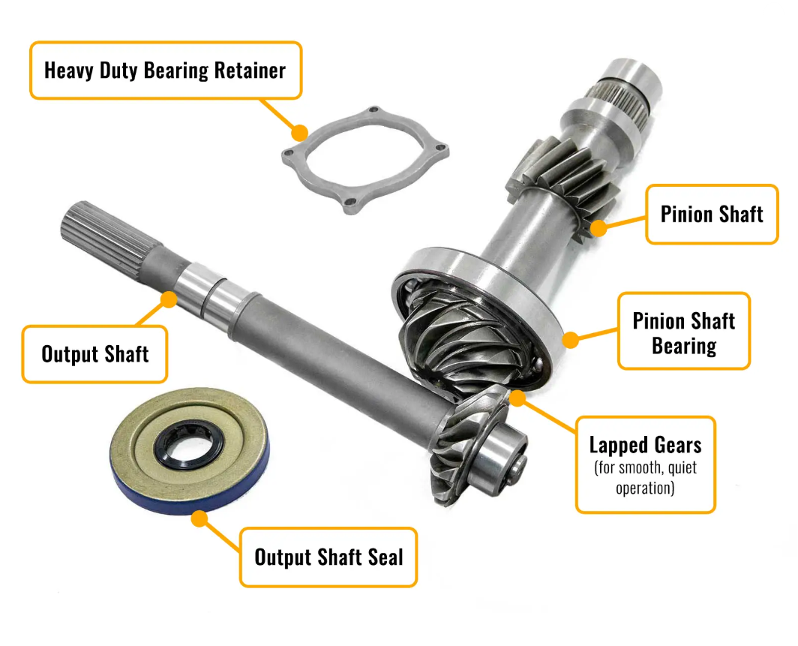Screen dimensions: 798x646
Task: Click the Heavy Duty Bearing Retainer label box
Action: (166, 71)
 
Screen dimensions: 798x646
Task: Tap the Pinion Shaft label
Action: (712, 215)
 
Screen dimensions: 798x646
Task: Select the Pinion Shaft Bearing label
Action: (684, 331)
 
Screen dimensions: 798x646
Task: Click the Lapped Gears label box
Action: (645, 464)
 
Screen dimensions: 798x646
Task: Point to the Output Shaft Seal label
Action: (328, 557)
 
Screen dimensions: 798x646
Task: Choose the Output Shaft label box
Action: (94, 354)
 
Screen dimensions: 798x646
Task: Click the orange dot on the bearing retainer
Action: (300, 133)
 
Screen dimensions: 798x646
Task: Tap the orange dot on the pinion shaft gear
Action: (599, 227)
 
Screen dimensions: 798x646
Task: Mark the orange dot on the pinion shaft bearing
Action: (571, 340)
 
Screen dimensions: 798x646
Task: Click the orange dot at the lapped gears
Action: (517, 398)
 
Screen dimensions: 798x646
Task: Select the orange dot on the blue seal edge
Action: (200, 518)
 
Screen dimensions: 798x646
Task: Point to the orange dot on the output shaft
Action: (169, 299)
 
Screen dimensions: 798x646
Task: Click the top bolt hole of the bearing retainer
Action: (374, 110)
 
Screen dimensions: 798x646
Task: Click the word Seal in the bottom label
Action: (385, 557)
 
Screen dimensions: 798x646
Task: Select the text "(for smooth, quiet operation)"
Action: (645, 477)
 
